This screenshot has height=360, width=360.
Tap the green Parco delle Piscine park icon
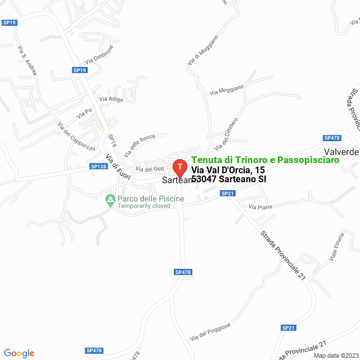tap(110, 199)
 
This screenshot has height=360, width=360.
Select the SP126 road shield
tap(98, 166)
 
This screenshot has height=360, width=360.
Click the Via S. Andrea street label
tap(27, 60)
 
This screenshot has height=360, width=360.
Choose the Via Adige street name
tap(111, 99)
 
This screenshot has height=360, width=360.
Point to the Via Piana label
tap(260, 208)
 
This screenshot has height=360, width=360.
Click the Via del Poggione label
tap(211, 332)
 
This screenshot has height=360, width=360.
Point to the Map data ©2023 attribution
tap(335, 355)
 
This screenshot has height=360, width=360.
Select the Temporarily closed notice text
tap(143, 206)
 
